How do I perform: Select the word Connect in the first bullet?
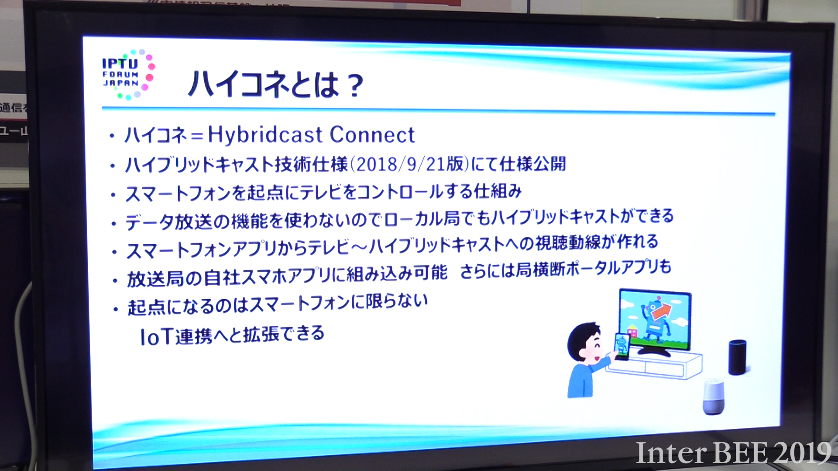click(372, 134)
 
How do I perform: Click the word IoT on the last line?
click(156, 337)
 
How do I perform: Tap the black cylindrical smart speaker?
click(737, 357)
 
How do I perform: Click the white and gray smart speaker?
click(713, 397)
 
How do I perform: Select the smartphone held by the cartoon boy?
click(622, 346)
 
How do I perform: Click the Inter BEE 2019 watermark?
click(733, 453)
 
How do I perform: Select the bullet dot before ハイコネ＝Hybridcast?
click(112, 137)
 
